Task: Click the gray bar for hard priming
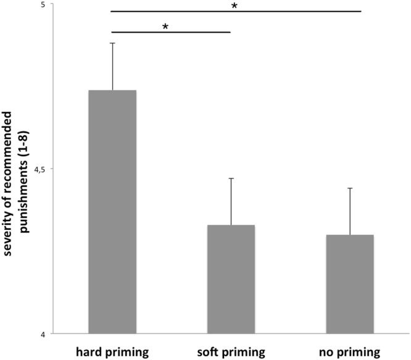112,212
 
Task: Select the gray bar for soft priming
231,279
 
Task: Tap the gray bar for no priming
350,284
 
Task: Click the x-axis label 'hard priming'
112,351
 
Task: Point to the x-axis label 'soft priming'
231,351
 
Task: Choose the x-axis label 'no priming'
350,351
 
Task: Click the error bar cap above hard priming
113,43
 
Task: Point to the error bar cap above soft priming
231,178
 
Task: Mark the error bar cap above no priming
350,188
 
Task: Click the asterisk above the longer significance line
234,7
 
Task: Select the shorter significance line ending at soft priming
171,32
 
